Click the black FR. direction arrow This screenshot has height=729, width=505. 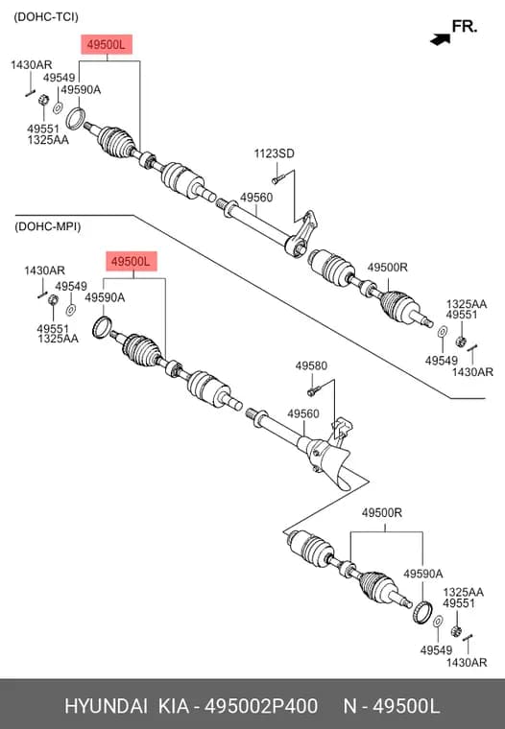click(x=441, y=39)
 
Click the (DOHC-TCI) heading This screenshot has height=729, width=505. click(x=46, y=17)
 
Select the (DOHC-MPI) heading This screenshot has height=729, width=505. click(x=47, y=227)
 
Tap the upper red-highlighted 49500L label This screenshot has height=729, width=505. click(x=107, y=45)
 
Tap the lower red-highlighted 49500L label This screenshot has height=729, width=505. click(x=132, y=262)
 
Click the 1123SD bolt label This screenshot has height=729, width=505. click(x=275, y=153)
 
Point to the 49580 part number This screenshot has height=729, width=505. click(x=311, y=365)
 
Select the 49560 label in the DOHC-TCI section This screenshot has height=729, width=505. click(x=256, y=198)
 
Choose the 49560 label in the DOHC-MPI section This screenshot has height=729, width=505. click(x=303, y=413)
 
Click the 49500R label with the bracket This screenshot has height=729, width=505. click(x=382, y=513)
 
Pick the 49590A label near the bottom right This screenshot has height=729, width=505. click(x=423, y=574)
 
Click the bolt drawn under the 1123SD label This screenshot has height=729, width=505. click(x=277, y=179)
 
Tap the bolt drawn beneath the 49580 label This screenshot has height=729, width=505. click(x=314, y=391)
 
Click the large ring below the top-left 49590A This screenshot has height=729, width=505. click(x=75, y=119)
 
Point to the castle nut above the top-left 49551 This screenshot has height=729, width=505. click(x=44, y=100)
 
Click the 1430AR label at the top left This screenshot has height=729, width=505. click(x=31, y=65)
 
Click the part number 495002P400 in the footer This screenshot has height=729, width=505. click(x=262, y=706)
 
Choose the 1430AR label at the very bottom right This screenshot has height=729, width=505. click(x=467, y=663)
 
